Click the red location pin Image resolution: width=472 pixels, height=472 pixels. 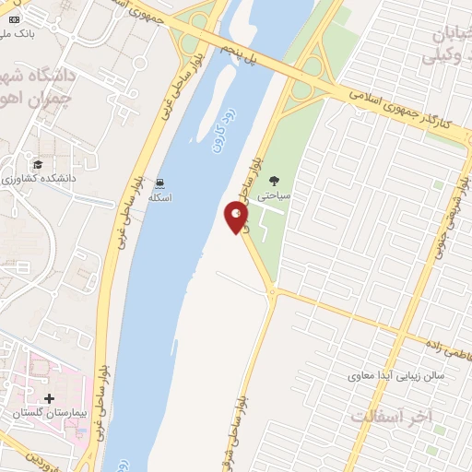coord(236,218)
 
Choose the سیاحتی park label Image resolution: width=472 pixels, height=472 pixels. coord(274,196)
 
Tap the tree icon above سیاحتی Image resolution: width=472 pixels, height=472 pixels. coord(274,181)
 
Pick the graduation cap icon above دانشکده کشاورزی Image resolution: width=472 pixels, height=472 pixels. coord(38,163)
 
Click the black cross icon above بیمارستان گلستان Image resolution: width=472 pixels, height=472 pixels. coord(49,398)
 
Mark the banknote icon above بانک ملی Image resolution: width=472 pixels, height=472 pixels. coord(12,18)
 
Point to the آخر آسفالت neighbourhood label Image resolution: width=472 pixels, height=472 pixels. coord(391,417)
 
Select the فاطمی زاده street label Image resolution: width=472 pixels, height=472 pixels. coord(446,342)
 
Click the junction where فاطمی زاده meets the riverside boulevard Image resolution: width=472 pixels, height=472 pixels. coord(273,292)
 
